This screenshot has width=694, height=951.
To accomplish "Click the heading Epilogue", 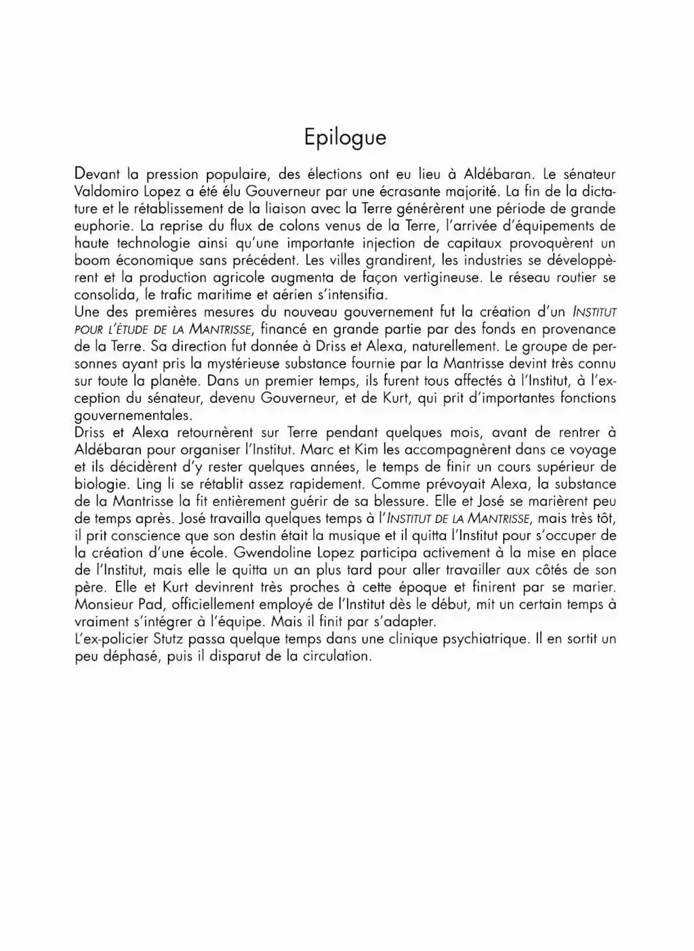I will click(x=345, y=138).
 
